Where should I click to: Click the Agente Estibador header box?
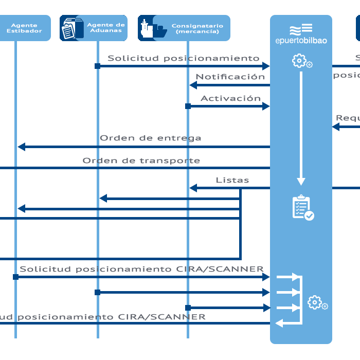[24, 28]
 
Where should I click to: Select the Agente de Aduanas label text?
[106, 28]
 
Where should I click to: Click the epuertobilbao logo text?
[301, 40]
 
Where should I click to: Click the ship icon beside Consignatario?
[153, 28]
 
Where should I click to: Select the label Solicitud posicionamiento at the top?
[183, 58]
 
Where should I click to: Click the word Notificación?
[230, 77]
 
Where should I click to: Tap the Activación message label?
[230, 98]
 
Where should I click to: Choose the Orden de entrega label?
[150, 138]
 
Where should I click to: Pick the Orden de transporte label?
[141, 160]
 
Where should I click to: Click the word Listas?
[232, 180]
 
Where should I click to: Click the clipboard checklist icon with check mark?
[302, 208]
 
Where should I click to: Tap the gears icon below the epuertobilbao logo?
[302, 61]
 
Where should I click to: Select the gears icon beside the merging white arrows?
[317, 303]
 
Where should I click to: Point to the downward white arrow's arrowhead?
[301, 182]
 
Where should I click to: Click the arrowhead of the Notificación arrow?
[193, 85]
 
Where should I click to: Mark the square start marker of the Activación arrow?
[188, 106]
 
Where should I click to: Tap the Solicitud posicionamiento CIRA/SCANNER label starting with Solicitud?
[141, 269]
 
